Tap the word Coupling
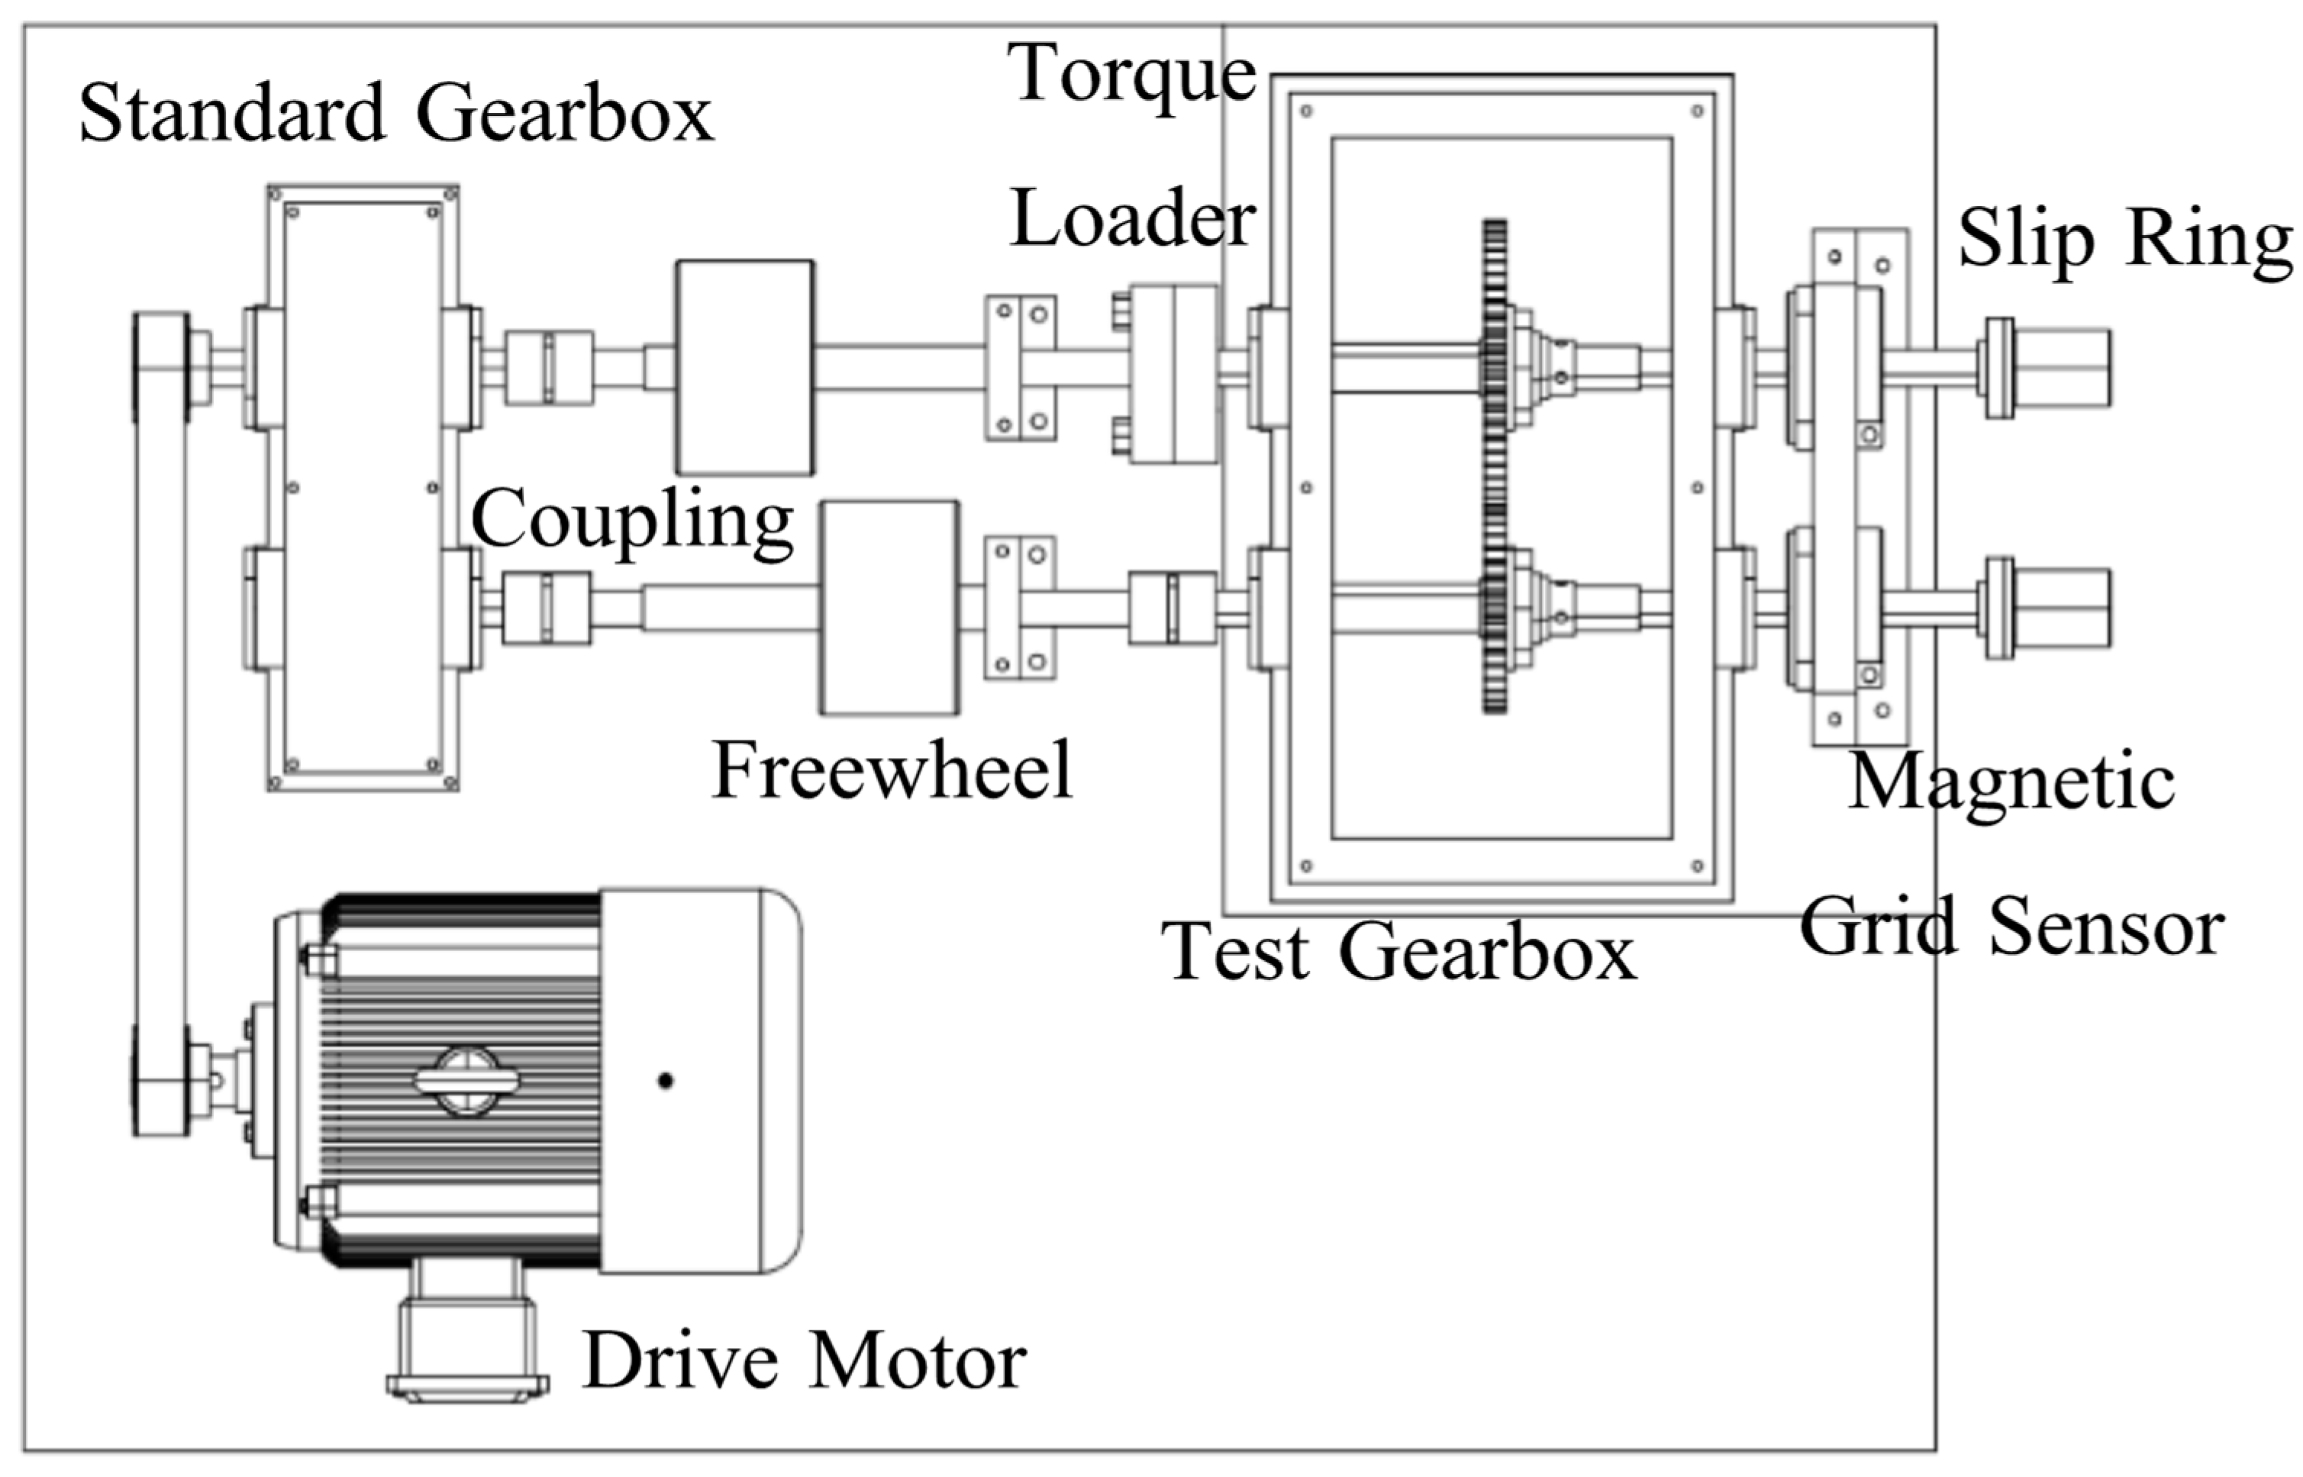coord(631,521)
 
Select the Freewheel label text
coord(891,770)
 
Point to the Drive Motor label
coord(804,1362)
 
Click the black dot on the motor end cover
coord(665,1081)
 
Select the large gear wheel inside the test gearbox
coord(1493,467)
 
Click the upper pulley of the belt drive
coord(161,366)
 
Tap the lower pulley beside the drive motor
coord(161,1080)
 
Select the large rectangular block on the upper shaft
coord(744,367)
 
